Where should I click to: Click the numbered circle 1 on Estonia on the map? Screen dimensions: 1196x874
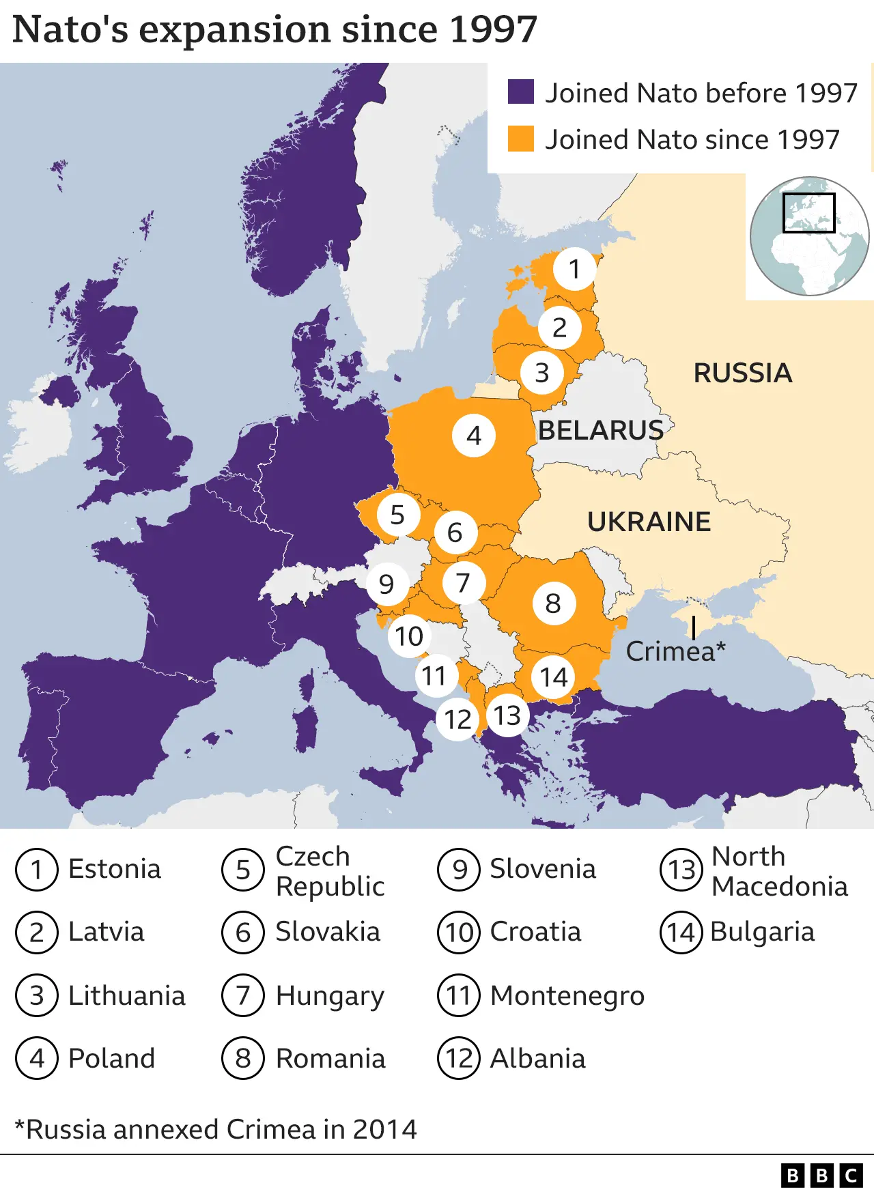[574, 269]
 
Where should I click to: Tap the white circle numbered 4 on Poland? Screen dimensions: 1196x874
[474, 436]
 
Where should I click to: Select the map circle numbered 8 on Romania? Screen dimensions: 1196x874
[553, 603]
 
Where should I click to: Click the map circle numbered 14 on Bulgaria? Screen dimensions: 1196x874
[553, 677]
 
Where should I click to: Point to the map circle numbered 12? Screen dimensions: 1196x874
[458, 719]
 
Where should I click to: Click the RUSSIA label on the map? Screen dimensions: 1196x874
[743, 373]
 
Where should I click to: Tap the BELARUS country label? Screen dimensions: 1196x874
[601, 431]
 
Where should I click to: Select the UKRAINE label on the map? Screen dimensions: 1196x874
[649, 522]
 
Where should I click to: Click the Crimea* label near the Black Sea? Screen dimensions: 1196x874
[675, 652]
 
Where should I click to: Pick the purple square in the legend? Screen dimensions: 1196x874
[521, 92]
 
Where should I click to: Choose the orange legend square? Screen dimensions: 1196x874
[521, 139]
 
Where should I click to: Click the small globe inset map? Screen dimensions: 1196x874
[809, 236]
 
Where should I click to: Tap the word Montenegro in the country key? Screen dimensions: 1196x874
[567, 996]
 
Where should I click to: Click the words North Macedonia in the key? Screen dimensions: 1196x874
[778, 871]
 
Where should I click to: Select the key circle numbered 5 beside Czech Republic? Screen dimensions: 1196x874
[242, 870]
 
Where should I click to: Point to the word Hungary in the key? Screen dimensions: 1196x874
[330, 996]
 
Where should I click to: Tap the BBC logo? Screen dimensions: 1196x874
[821, 1176]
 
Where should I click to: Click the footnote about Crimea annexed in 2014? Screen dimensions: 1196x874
[216, 1130]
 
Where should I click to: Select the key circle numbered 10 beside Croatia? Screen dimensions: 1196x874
[459, 932]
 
